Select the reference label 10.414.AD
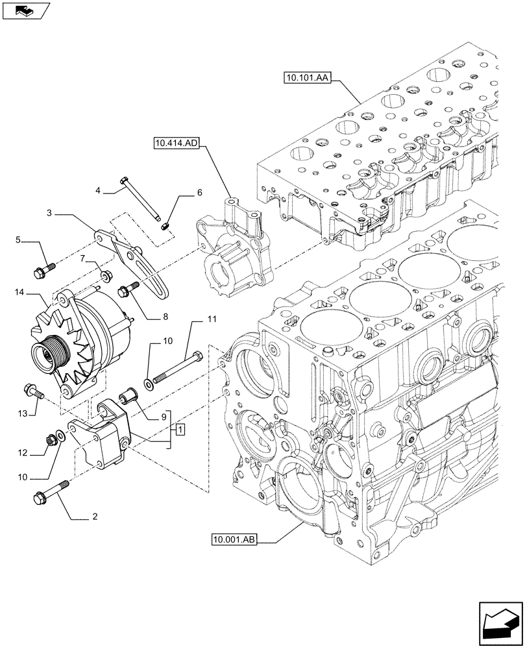click(x=177, y=143)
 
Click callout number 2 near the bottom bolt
click(x=97, y=517)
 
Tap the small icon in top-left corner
click(x=26, y=11)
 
